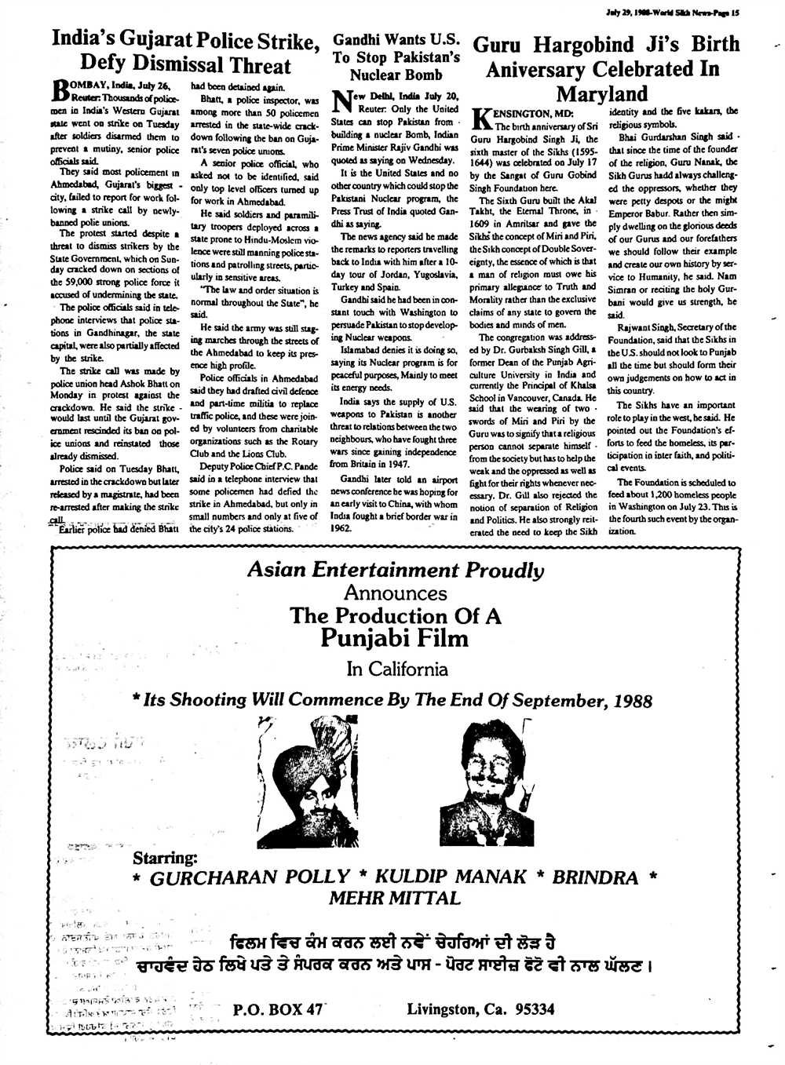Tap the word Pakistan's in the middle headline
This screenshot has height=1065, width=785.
(x=420, y=57)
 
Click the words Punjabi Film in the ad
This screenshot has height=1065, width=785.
(x=394, y=637)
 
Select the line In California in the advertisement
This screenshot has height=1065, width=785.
(x=397, y=669)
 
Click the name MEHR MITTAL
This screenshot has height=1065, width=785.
(x=394, y=898)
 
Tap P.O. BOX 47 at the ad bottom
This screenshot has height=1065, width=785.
(x=278, y=1009)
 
